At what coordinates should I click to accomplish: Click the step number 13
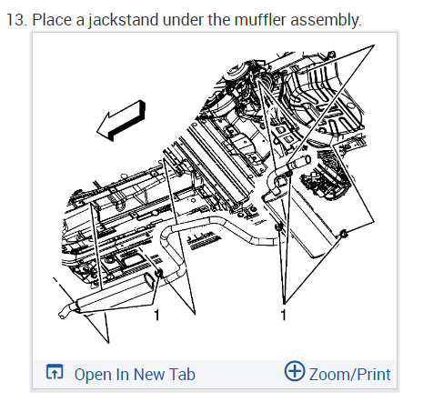[16, 20]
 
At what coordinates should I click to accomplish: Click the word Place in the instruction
[52, 20]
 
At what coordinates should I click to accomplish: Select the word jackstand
[124, 21]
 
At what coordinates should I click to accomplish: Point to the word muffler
[260, 20]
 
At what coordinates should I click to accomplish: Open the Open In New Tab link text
[135, 375]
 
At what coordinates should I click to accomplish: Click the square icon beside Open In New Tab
[55, 372]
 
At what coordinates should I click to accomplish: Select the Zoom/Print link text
[350, 375]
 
